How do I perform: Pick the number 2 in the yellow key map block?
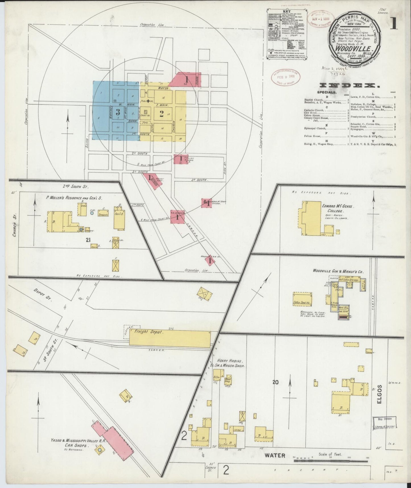click(x=161, y=114)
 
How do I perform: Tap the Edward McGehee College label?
click(x=333, y=208)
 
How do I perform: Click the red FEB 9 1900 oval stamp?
click(x=285, y=77)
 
